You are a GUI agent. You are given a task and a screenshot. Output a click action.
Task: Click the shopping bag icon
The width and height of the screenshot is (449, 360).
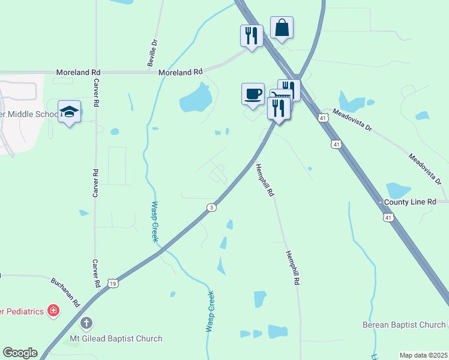(282, 28)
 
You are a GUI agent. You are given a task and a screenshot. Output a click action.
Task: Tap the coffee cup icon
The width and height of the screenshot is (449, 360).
(253, 94)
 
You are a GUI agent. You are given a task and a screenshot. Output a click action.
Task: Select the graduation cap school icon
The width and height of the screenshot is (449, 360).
(70, 112)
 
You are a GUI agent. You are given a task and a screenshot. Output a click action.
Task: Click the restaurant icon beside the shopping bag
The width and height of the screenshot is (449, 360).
(252, 35)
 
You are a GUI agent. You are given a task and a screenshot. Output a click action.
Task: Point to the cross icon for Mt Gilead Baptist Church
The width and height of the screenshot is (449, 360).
(86, 323)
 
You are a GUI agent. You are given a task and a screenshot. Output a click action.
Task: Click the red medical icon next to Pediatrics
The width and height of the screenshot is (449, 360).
(53, 311)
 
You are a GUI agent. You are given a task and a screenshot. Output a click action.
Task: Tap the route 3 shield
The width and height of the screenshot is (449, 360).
(211, 208)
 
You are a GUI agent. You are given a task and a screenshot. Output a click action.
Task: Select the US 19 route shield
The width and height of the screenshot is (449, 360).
(113, 283)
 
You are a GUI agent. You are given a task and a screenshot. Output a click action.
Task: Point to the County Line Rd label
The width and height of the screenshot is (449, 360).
(410, 203)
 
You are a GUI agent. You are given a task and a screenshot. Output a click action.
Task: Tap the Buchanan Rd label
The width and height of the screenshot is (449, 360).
(65, 292)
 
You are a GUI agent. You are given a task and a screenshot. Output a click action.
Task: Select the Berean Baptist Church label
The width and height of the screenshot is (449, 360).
(405, 325)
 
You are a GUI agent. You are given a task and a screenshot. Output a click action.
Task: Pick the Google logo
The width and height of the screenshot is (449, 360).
(20, 353)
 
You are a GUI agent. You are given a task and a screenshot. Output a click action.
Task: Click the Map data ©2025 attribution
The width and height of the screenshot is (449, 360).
(423, 355)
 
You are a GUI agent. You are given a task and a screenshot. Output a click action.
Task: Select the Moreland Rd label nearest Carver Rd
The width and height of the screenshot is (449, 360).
(78, 72)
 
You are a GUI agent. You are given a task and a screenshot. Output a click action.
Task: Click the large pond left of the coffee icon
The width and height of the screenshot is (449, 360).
(195, 98)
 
